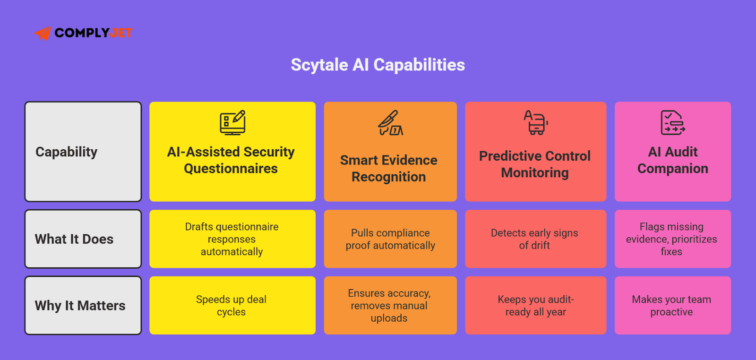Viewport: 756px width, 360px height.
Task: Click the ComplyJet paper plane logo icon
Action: [x=43, y=33]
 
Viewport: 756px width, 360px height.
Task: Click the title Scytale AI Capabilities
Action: [x=378, y=65]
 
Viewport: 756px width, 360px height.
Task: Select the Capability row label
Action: [x=67, y=152]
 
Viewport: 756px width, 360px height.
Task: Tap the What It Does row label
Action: [x=74, y=239]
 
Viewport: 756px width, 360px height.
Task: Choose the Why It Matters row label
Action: [x=80, y=306]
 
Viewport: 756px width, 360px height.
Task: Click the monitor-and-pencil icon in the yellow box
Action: [x=232, y=123]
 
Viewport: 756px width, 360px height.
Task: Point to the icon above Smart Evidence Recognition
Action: [x=390, y=123]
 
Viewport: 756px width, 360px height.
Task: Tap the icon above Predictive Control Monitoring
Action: [x=535, y=122]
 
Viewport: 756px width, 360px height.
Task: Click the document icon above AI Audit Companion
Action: [x=672, y=122]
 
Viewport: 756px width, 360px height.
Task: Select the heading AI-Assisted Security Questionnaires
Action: [x=231, y=160]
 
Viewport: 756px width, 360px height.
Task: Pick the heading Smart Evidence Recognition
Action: [x=389, y=168]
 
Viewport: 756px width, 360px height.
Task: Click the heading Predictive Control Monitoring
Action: [x=535, y=164]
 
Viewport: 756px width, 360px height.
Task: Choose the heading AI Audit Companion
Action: [x=673, y=160]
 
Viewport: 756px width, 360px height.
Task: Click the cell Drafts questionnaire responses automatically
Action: [x=232, y=239]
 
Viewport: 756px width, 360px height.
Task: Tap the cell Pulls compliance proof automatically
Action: [x=390, y=239]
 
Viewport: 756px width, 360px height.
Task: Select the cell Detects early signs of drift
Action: [x=534, y=239]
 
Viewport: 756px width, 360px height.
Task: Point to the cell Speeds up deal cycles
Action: [x=232, y=306]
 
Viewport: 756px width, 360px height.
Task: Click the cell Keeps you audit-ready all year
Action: [x=535, y=306]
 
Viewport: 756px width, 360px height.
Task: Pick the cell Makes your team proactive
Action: [x=671, y=306]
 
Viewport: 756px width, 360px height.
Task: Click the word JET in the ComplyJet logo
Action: [x=121, y=33]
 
